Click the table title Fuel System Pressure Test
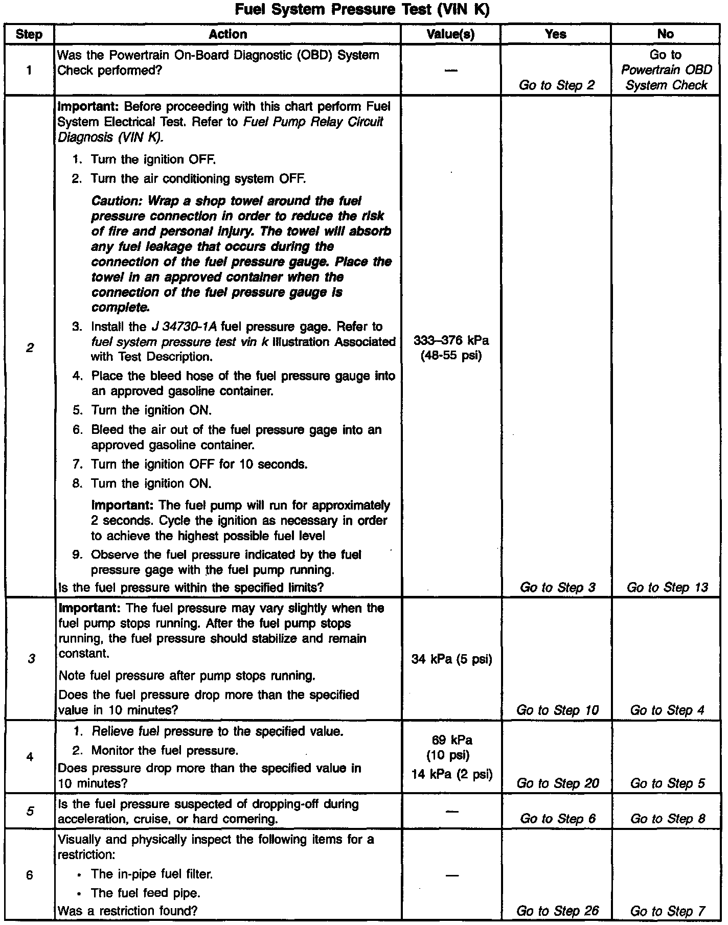[362, 10]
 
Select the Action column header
[227, 34]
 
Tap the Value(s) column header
[450, 34]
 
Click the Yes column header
[556, 34]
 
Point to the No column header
[665, 34]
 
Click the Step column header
[29, 35]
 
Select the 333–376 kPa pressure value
[451, 340]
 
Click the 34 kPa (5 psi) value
[451, 659]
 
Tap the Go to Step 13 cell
[667, 587]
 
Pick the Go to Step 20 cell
[557, 783]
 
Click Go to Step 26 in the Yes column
[557, 911]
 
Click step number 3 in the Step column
[31, 659]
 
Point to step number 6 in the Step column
[30, 875]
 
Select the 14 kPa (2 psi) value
[451, 774]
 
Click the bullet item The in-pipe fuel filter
[151, 874]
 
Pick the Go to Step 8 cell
[668, 819]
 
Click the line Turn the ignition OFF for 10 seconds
[199, 464]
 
